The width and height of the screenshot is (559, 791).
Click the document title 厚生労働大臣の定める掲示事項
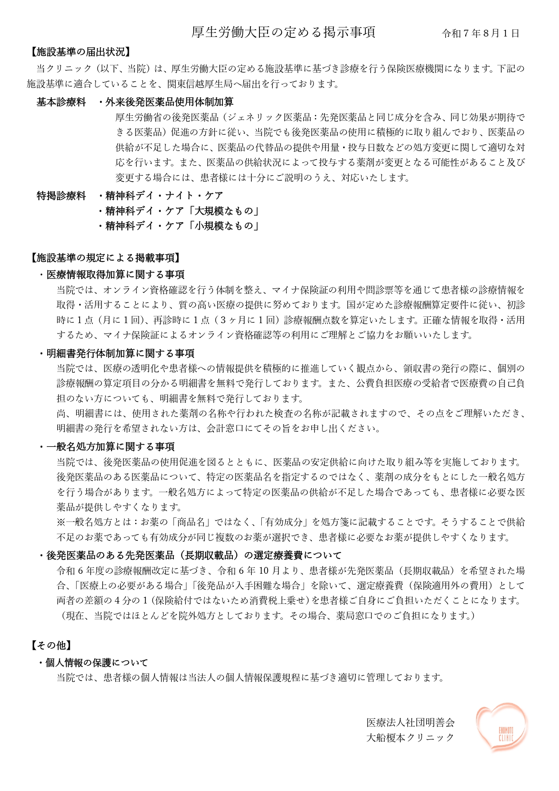[x=283, y=32]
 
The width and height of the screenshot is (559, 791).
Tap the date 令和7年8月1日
[x=481, y=33]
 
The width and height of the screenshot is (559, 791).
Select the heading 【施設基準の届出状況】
[x=80, y=52]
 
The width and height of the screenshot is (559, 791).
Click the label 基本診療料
[x=61, y=102]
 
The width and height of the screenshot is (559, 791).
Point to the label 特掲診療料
[x=61, y=196]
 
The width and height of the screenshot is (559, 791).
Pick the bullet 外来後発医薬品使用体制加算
[x=169, y=102]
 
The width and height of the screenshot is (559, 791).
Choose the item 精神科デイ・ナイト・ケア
[x=164, y=196]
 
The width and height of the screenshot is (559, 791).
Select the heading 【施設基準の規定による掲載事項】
[x=105, y=258]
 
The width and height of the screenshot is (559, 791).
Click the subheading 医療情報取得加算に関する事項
[x=115, y=274]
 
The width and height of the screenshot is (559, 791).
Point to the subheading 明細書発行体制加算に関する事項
[x=120, y=353]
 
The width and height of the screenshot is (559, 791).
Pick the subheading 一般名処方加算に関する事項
[x=110, y=447]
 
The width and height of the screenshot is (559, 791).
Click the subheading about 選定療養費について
[x=194, y=555]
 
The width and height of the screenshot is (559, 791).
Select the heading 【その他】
[x=51, y=645]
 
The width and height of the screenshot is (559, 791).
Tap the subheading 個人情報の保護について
[x=96, y=663]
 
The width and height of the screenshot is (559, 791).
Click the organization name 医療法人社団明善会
[x=410, y=722]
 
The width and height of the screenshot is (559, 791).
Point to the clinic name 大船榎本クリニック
[x=410, y=738]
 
